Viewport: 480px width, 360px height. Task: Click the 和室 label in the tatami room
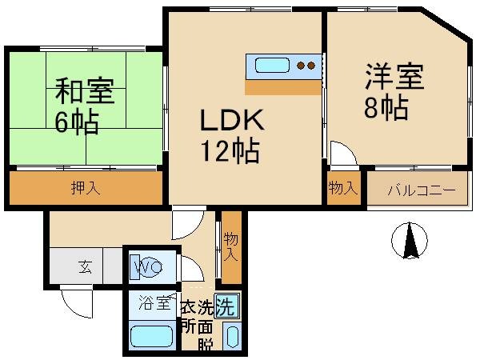click(84, 90)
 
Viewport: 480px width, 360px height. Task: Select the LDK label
click(231, 121)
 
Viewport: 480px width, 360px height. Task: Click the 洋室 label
click(394, 78)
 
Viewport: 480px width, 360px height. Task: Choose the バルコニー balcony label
click(421, 190)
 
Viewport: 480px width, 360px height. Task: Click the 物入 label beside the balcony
click(342, 188)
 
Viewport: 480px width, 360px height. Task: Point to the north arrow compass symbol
click(410, 241)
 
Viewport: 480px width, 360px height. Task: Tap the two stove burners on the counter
click(306, 66)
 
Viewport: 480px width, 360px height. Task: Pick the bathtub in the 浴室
click(151, 337)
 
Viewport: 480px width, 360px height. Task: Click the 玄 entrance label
click(86, 267)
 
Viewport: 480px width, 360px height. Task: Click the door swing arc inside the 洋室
click(341, 153)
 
